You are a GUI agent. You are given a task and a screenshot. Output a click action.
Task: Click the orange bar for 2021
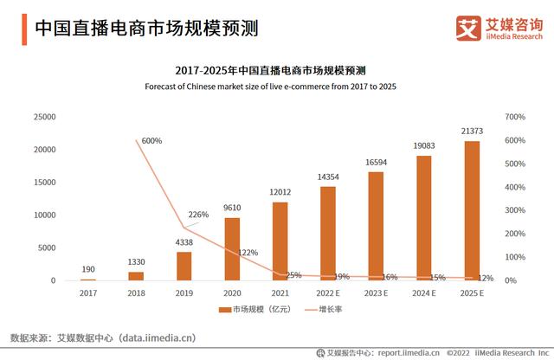(280, 241)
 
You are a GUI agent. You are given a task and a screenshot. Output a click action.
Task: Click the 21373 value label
(472, 130)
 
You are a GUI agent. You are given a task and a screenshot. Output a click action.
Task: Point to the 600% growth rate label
(151, 140)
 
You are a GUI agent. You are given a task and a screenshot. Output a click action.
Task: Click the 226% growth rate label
(198, 215)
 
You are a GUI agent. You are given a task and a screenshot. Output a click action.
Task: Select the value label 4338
(184, 244)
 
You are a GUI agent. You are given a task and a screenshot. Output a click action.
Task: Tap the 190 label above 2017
(88, 270)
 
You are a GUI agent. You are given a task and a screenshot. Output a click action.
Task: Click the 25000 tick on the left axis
(43, 117)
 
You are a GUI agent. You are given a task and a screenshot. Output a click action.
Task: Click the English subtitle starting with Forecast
(276, 87)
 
